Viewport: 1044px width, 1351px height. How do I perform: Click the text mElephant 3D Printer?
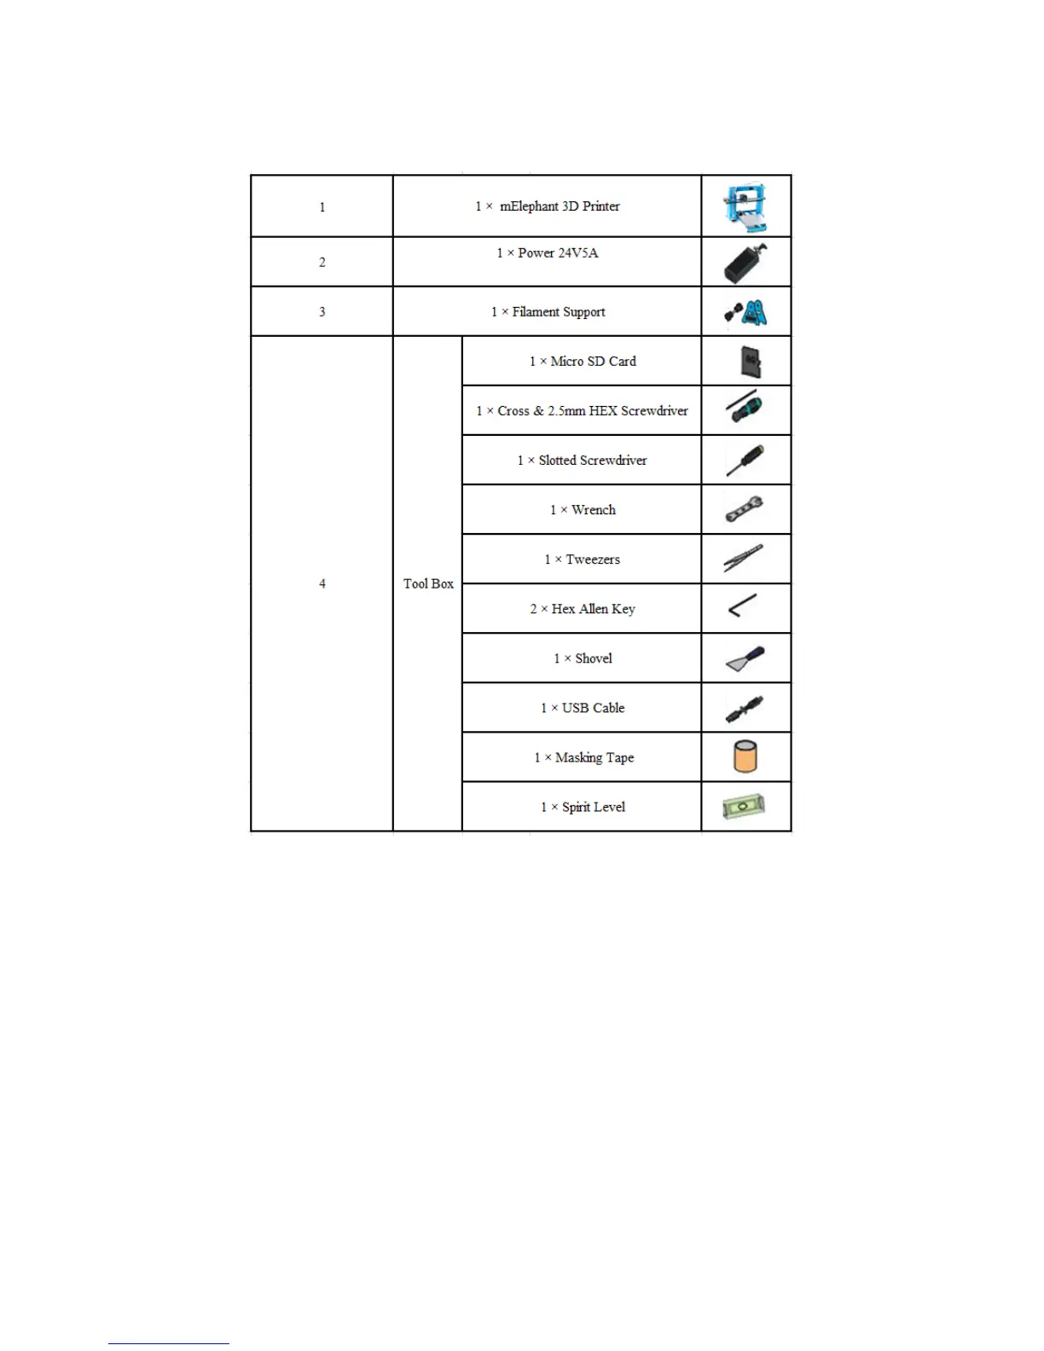(559, 206)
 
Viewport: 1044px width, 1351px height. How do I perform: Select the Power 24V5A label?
(557, 253)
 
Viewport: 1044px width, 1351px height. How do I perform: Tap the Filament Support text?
(558, 312)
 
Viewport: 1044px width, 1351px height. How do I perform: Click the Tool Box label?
(428, 583)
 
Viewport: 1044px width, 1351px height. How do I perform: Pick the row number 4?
(322, 583)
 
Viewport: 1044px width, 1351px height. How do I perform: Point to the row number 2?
(322, 262)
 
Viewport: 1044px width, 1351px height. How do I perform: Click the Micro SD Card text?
(593, 362)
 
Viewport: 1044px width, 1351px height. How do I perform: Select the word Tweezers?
(593, 560)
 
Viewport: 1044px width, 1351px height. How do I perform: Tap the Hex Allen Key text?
(593, 609)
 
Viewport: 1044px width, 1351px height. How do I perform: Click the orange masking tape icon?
(745, 757)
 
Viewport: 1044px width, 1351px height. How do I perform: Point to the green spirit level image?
(744, 806)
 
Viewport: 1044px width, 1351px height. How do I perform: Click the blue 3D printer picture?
(745, 206)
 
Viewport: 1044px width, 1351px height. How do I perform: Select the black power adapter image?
(745, 263)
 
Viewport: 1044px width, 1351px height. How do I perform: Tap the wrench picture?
(745, 509)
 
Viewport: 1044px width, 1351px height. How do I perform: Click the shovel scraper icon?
(745, 658)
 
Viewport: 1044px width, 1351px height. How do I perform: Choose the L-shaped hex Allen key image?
(743, 606)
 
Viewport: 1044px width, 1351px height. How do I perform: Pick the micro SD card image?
(751, 362)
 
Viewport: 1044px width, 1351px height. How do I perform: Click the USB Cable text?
(593, 708)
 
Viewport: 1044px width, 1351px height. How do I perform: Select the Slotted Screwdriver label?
(592, 461)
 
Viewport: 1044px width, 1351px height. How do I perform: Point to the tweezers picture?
(744, 558)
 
